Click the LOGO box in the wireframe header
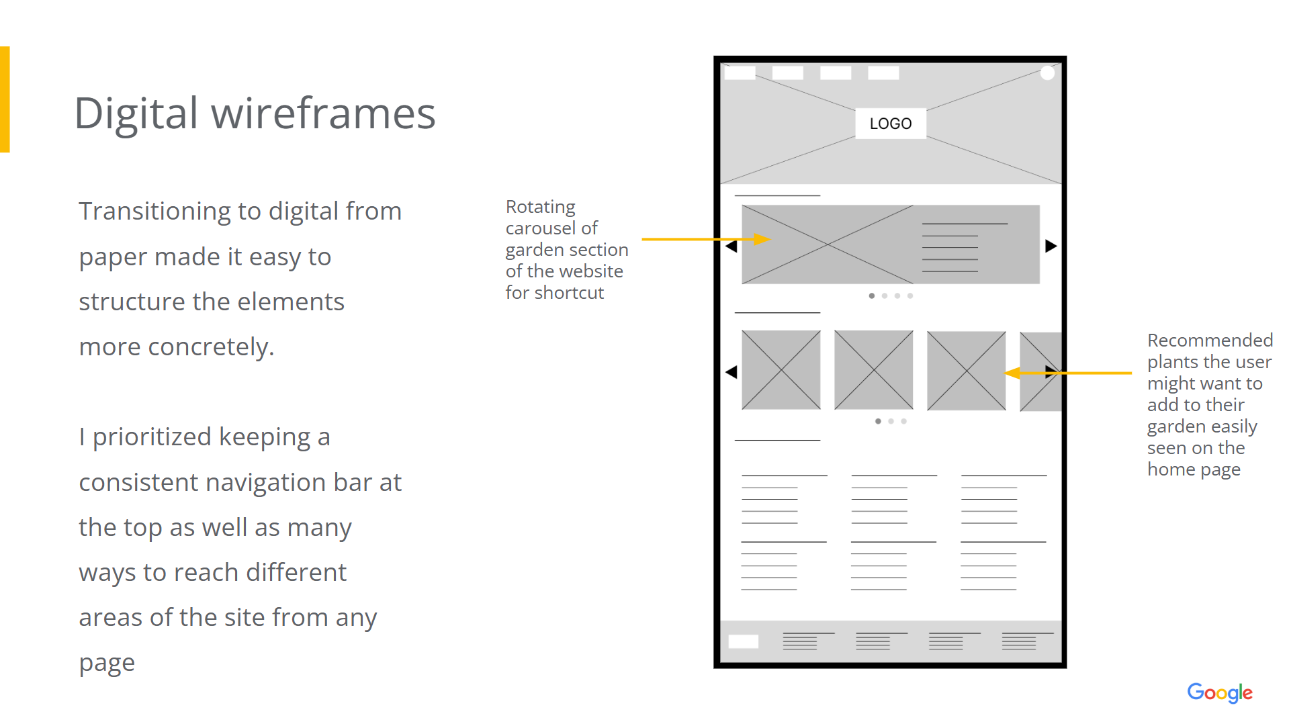890,124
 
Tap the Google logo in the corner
1219,692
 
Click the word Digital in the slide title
136,113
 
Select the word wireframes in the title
324,113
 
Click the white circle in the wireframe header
1047,73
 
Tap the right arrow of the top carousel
1051,246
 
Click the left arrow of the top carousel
731,246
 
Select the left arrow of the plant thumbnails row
731,372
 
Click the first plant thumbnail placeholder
781,370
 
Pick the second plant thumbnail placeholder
874,370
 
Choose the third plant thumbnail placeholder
967,371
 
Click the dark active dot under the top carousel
872,296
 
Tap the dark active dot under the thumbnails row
878,421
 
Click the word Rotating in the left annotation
541,207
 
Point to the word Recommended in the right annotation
1210,340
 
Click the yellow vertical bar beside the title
5,99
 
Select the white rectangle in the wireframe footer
744,641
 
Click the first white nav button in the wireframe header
740,73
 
